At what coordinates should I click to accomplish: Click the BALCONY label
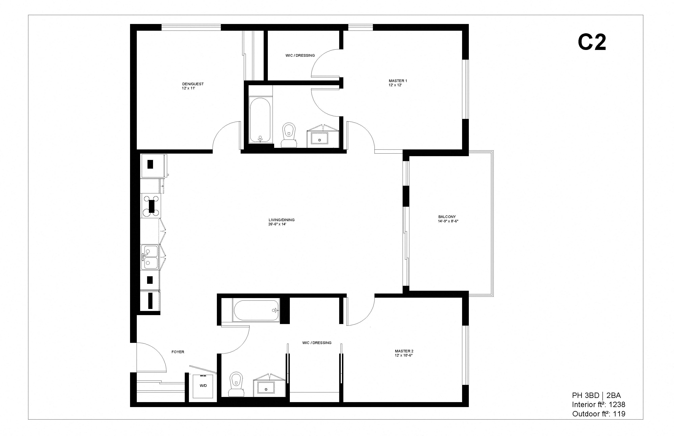point(447,217)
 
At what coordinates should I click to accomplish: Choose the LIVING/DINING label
point(281,220)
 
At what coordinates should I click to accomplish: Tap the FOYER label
point(178,352)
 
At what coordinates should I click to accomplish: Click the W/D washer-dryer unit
point(203,386)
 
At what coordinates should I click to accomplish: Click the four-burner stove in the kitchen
point(151,206)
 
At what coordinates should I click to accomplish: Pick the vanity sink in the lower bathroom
point(266,388)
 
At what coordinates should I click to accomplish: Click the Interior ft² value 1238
point(617,404)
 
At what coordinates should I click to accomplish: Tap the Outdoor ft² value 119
point(619,414)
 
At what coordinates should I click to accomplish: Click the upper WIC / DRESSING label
point(300,55)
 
